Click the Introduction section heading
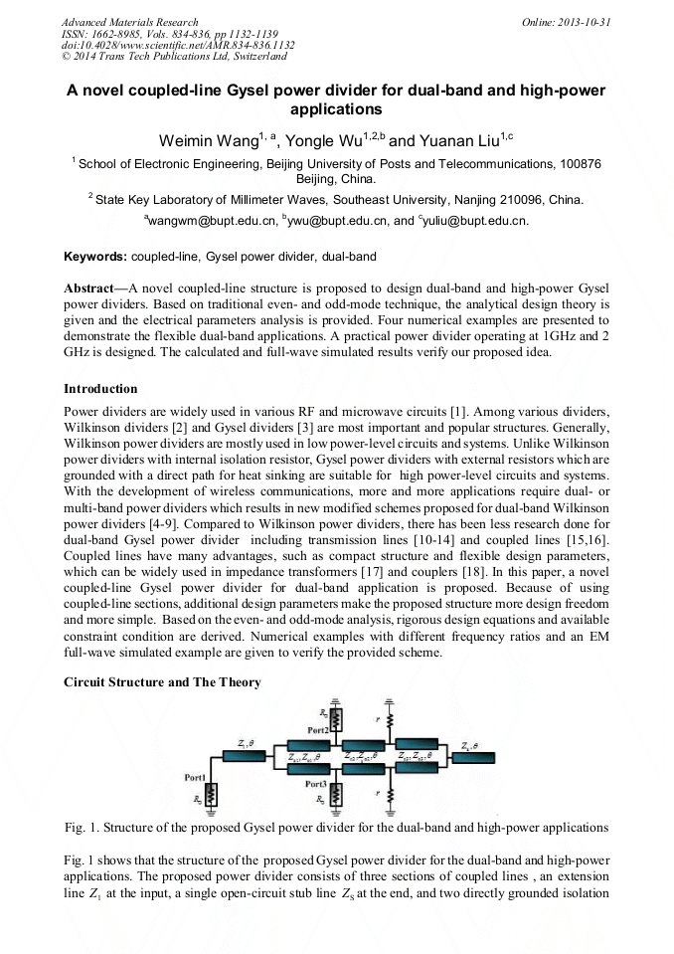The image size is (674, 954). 100,388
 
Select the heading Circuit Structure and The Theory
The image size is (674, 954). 162,681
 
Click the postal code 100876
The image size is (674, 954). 581,163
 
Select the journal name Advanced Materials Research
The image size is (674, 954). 129,22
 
